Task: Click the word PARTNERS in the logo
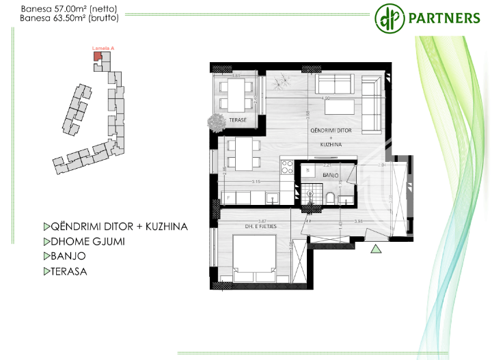[443, 18]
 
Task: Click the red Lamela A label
[102, 49]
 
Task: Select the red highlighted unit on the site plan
[97, 57]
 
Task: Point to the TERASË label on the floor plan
[237, 120]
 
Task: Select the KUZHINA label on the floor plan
[331, 145]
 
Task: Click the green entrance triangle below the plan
[375, 250]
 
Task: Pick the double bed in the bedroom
[254, 255]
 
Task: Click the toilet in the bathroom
[331, 198]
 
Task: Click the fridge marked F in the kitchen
[229, 197]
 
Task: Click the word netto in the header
[102, 9]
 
